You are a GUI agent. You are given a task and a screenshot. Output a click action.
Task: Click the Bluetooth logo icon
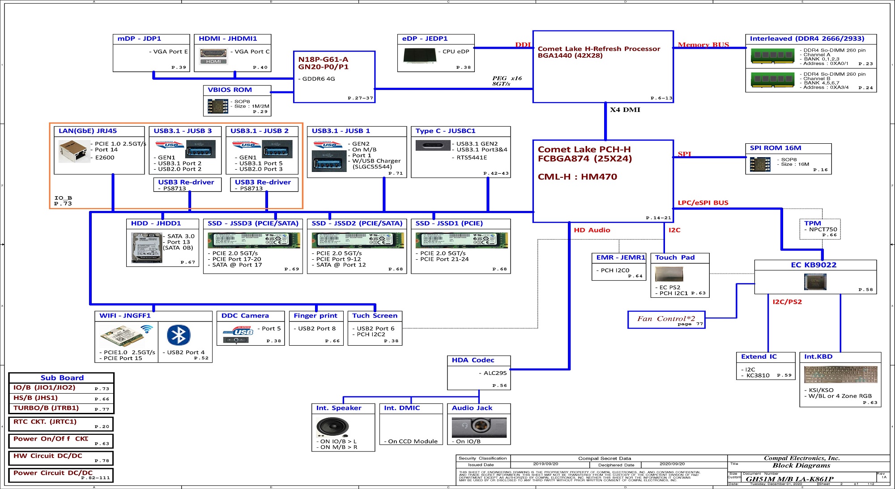[179, 335]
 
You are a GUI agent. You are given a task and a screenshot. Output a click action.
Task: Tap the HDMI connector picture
[213, 56]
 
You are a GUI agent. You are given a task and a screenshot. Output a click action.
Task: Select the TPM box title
[812, 223]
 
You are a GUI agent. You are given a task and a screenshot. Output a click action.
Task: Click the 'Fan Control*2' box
[666, 319]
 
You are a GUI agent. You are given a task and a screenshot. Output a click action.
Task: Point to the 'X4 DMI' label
[625, 110]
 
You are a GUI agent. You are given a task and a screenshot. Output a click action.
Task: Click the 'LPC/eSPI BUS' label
[703, 203]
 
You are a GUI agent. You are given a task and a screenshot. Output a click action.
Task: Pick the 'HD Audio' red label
[592, 230]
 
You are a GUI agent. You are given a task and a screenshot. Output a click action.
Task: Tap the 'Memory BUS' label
[703, 45]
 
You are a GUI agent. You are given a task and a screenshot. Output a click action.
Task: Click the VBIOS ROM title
[230, 90]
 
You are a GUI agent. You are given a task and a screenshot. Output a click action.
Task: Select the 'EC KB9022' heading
[813, 265]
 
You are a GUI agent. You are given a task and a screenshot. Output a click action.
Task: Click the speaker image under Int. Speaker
[332, 427]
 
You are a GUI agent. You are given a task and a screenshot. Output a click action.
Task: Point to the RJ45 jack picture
[74, 151]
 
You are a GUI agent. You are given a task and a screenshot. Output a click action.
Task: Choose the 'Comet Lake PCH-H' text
[584, 150]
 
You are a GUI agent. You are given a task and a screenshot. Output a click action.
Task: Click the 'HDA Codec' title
[473, 360]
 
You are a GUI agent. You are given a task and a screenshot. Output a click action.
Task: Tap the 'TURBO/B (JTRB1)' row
[46, 408]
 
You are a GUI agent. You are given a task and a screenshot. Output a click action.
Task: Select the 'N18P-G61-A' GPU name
[323, 60]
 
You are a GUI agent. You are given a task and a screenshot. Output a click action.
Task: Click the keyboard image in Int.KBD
[840, 374]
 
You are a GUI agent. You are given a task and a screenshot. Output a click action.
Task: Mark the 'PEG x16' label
[507, 78]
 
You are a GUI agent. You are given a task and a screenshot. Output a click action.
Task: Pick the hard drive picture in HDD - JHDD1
[146, 248]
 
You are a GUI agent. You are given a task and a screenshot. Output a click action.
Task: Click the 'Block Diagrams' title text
[801, 465]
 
